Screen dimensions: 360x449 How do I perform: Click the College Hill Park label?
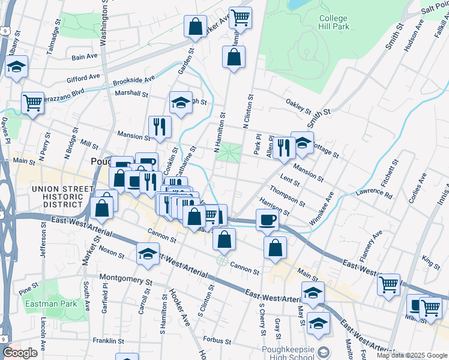point(333,22)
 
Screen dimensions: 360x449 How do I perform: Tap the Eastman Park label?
point(51,304)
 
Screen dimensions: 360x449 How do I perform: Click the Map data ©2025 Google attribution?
point(412,355)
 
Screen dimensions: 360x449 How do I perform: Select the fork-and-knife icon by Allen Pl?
point(283,146)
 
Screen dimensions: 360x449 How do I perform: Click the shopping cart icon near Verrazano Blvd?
point(33,103)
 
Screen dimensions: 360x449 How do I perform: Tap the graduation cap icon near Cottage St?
point(303,142)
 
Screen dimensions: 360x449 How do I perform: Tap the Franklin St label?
point(108,341)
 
